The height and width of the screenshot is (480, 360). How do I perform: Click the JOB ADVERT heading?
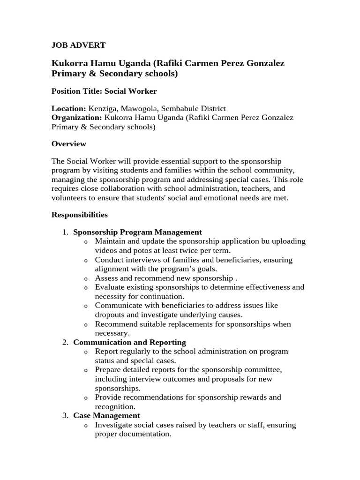click(x=78, y=45)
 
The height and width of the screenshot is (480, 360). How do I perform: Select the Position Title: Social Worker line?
click(x=104, y=91)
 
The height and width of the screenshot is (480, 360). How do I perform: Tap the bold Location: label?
click(x=68, y=108)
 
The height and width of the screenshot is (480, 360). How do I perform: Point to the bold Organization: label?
click(x=76, y=117)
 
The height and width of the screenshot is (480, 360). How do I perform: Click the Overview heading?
click(x=68, y=144)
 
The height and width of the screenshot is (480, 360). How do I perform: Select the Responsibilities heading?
click(x=79, y=215)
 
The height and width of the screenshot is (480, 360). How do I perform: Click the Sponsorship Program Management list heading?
click(x=137, y=232)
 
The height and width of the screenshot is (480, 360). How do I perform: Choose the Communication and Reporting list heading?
click(x=129, y=342)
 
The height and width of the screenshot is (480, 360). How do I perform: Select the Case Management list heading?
click(x=106, y=415)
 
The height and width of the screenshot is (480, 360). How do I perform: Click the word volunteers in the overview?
click(x=70, y=198)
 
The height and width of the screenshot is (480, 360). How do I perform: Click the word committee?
click(x=263, y=369)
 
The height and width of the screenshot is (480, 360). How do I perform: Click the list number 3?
click(x=65, y=415)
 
